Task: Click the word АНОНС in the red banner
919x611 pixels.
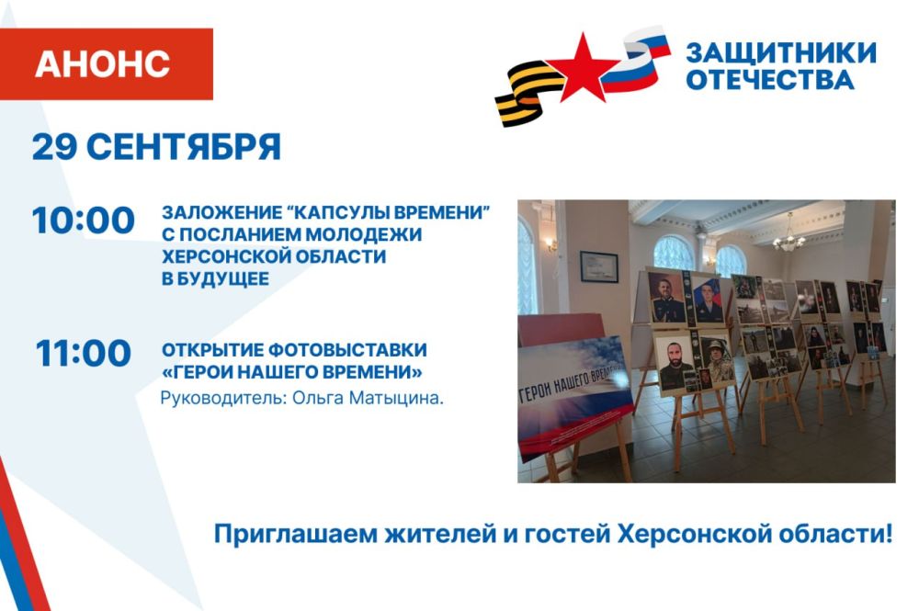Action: pyautogui.click(x=103, y=63)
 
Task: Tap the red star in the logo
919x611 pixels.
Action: pyautogui.click(x=583, y=68)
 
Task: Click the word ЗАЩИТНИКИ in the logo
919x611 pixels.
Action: pyautogui.click(x=781, y=52)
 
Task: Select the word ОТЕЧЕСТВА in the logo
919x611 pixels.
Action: pyautogui.click(x=769, y=80)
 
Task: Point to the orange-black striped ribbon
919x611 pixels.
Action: pyautogui.click(x=528, y=93)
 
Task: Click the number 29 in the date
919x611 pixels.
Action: pyautogui.click(x=54, y=146)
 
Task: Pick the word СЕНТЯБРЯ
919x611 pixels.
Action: pyautogui.click(x=184, y=146)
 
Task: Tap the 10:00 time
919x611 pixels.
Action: pyautogui.click(x=84, y=221)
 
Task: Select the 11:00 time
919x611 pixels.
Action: pyautogui.click(x=84, y=353)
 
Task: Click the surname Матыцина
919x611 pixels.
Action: pyautogui.click(x=395, y=399)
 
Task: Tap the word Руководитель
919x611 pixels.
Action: pyautogui.click(x=223, y=399)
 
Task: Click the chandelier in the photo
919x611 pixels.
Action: pyautogui.click(x=789, y=234)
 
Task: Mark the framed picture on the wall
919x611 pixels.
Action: pyautogui.click(x=598, y=266)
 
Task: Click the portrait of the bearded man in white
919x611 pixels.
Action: pyautogui.click(x=674, y=362)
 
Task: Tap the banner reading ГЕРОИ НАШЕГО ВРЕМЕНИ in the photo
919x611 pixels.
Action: pyautogui.click(x=573, y=395)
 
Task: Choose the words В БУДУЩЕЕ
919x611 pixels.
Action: pyautogui.click(x=215, y=278)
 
